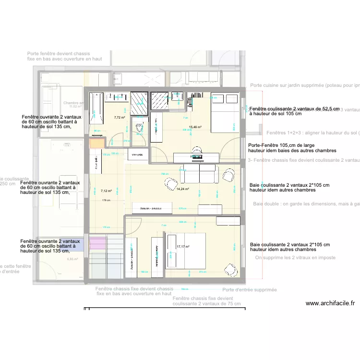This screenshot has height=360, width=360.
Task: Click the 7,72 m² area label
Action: [119, 117]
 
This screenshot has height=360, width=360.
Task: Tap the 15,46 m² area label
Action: [195, 127]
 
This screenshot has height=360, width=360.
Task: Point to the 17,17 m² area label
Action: [183, 247]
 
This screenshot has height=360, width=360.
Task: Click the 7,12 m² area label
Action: [106, 177]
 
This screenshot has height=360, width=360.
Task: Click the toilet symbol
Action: [139, 128]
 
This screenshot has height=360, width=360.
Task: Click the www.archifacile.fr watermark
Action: [330, 303]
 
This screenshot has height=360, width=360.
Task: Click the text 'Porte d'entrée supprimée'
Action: [250, 290]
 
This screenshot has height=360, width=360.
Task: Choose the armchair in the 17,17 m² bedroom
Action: [230, 269]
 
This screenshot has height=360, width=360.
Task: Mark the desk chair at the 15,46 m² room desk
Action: [196, 150]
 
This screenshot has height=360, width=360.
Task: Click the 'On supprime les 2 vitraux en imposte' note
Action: [295, 258]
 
